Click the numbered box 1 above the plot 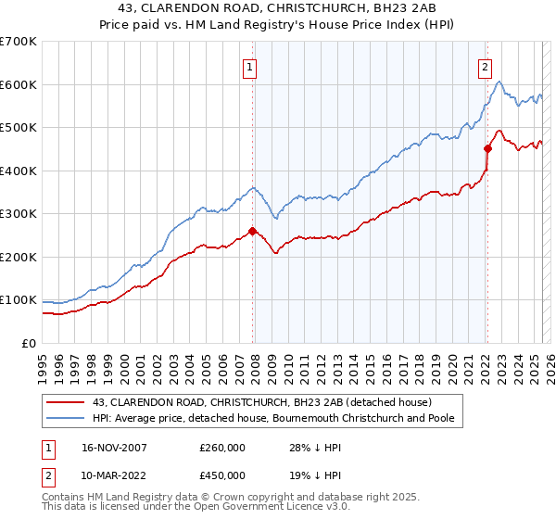pyautogui.click(x=251, y=66)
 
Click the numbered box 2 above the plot pyautogui.click(x=486, y=66)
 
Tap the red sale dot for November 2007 pyautogui.click(x=253, y=232)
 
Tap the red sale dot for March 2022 pyautogui.click(x=487, y=148)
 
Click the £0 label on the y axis pyautogui.click(x=29, y=343)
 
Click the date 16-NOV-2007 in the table pyautogui.click(x=114, y=447)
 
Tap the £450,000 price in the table pyautogui.click(x=222, y=475)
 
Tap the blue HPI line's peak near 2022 pyautogui.click(x=499, y=82)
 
